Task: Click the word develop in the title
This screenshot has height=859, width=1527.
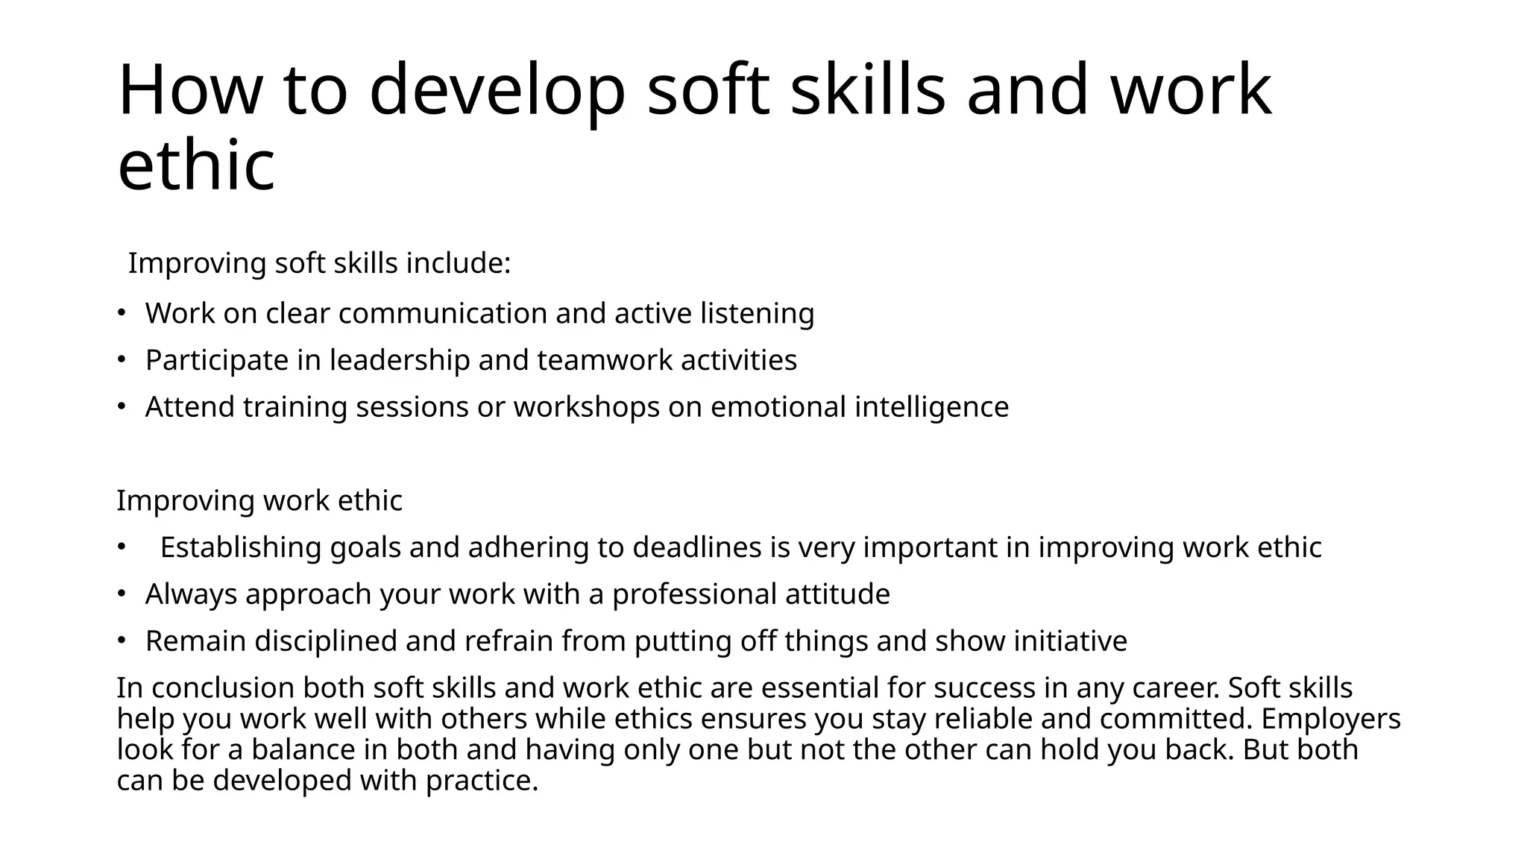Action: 497,90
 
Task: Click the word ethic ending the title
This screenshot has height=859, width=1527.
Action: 196,166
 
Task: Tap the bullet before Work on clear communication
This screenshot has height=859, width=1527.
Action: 120,312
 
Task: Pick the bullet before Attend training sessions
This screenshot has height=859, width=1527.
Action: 120,406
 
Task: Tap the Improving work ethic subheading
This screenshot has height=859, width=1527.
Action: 259,500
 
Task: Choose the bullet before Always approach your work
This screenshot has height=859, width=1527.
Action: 120,594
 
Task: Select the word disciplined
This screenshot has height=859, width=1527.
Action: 326,641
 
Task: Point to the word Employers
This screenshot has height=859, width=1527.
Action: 1331,719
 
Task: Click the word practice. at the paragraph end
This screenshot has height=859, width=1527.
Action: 482,781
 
